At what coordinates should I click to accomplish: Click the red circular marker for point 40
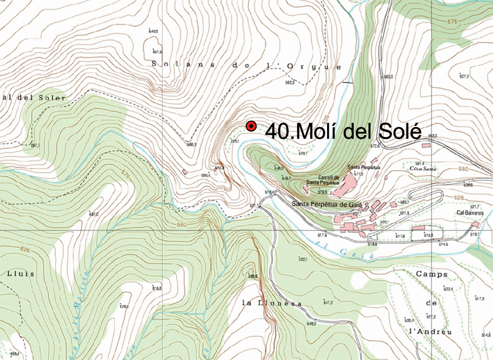pyautogui.click(x=251, y=126)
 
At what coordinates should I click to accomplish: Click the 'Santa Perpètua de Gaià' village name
pyautogui.click(x=328, y=203)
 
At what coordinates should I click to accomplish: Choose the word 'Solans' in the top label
pyautogui.click(x=173, y=64)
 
